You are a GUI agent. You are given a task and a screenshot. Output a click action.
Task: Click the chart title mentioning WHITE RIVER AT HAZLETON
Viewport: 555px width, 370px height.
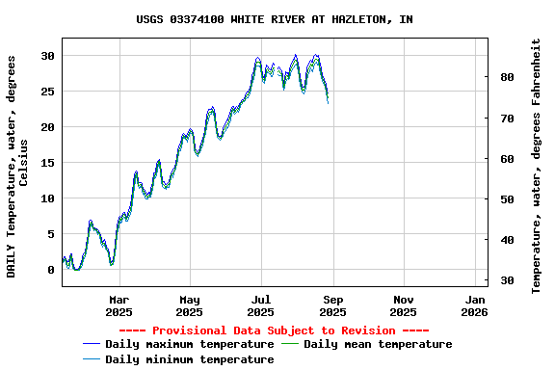pos(275,19)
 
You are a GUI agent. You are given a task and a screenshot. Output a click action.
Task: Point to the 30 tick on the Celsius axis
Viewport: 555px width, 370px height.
pos(47,56)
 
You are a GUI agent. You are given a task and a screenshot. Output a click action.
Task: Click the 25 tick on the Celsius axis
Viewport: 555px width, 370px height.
pos(47,92)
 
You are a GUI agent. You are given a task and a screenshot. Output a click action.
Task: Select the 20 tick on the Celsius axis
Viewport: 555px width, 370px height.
pos(47,127)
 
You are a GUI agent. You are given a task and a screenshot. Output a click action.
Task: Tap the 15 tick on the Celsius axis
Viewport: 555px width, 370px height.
pos(47,163)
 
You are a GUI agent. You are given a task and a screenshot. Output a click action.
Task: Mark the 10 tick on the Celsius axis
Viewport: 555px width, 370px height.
pos(47,198)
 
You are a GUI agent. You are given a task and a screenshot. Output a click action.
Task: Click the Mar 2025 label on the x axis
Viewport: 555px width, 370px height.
pos(119,305)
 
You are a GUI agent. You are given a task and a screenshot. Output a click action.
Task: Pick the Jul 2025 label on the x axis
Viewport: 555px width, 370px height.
pos(261,305)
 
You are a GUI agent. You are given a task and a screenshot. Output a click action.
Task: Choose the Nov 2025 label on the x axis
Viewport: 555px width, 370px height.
pos(404,305)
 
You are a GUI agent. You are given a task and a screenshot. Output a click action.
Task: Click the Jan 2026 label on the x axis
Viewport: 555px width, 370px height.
pos(474,305)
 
